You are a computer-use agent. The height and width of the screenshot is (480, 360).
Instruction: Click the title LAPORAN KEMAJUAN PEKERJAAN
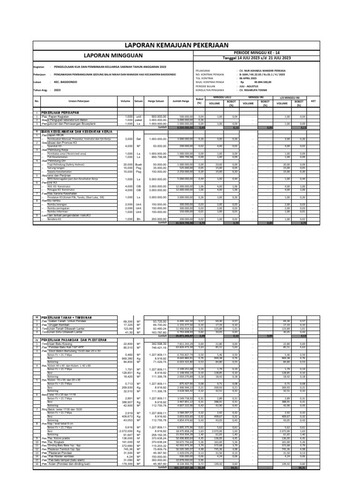tap(180, 45)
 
